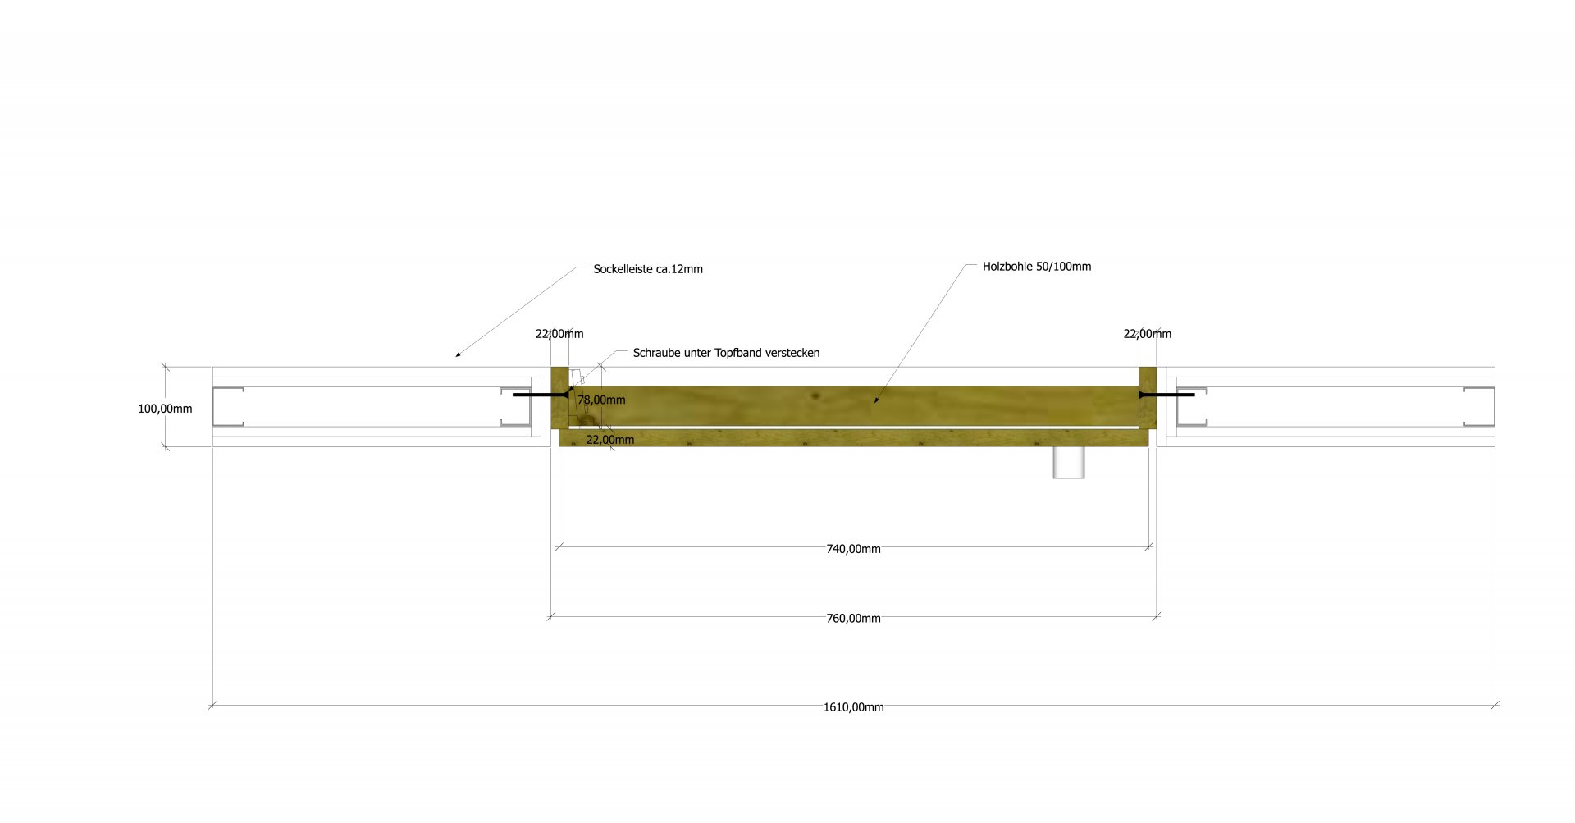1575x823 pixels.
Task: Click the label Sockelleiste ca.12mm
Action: point(648,269)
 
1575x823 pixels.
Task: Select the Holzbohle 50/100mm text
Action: point(1037,267)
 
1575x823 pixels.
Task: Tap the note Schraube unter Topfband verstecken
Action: point(726,353)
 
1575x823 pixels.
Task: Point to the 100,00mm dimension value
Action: point(165,409)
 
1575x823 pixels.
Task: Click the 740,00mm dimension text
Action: point(853,549)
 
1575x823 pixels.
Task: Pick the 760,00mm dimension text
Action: point(853,619)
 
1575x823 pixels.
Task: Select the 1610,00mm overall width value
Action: point(854,707)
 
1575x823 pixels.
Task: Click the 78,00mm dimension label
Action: point(601,400)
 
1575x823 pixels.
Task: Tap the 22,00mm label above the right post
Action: point(1147,334)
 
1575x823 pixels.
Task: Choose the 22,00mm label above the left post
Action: point(559,334)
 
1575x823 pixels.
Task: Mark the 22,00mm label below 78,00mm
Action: point(610,440)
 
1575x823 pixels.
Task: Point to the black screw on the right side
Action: point(1166,395)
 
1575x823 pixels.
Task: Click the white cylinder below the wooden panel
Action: point(1070,462)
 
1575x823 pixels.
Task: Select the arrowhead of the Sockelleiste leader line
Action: point(458,354)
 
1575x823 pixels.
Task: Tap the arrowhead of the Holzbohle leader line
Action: point(876,400)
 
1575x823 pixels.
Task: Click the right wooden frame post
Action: point(1148,398)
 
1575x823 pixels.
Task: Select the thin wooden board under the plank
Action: point(853,438)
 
